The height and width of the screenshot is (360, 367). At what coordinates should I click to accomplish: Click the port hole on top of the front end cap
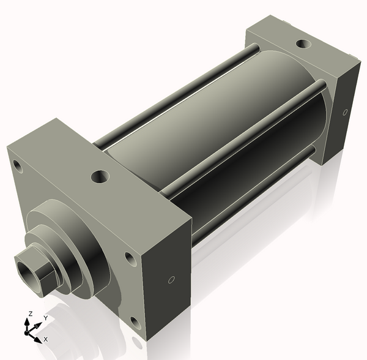100,178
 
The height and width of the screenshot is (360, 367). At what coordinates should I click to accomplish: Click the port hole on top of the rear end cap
302,44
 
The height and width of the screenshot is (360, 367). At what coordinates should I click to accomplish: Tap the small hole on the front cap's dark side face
171,280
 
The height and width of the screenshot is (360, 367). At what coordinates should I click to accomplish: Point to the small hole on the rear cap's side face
345,112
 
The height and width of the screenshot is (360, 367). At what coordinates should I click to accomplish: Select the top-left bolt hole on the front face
18,166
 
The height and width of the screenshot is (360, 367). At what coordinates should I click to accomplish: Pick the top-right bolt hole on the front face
130,259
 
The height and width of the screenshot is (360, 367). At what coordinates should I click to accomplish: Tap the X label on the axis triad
46,339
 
